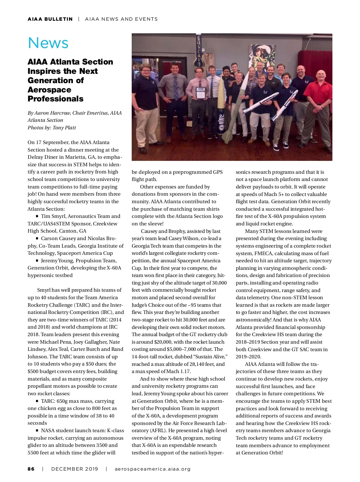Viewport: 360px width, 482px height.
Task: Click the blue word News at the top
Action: pyautogui.click(x=48, y=43)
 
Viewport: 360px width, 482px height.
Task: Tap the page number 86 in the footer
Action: pyautogui.click(x=31, y=469)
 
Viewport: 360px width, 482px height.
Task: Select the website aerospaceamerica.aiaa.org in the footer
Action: pyautogui.click(x=152, y=469)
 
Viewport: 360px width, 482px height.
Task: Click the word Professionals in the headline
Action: pyautogui.click(x=55, y=99)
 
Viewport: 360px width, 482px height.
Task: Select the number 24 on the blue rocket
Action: pyautogui.click(x=221, y=116)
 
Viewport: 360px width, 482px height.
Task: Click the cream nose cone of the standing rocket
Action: pyautogui.click(x=220, y=87)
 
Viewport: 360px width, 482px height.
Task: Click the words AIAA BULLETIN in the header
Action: pyautogui.click(x=50, y=19)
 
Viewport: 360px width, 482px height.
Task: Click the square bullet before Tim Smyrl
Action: pyautogui.click(x=37, y=216)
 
